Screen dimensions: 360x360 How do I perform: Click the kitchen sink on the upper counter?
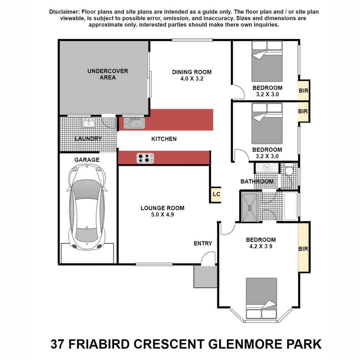135,123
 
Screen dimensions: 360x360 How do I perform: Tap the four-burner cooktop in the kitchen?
145,158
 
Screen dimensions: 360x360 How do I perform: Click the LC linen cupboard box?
216,195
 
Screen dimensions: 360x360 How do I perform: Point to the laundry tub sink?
88,123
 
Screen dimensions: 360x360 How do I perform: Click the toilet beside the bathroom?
288,170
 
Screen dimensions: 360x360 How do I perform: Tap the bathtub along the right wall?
291,205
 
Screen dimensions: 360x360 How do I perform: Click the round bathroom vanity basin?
267,168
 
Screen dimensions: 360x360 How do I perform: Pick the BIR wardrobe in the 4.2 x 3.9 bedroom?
303,248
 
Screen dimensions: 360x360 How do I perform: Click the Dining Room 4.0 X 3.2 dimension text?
192,79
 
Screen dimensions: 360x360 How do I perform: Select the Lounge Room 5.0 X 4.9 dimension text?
162,215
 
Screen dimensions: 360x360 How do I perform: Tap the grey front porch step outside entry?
205,277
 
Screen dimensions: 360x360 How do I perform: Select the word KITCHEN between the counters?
164,139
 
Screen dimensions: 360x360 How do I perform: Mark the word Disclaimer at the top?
62,12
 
